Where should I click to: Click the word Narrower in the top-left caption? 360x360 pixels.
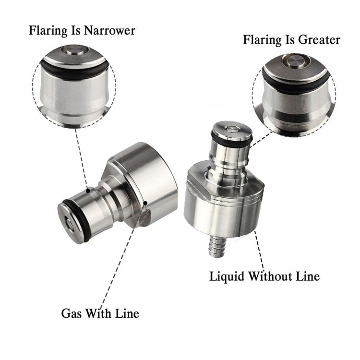109,31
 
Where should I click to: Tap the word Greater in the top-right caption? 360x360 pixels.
316,40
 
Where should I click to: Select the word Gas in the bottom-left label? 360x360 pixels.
71,313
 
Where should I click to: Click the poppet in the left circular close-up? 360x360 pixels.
75,50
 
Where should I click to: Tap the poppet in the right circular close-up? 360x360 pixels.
296,61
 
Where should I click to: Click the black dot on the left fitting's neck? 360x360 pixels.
88,191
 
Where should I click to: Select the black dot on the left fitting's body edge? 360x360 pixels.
145,203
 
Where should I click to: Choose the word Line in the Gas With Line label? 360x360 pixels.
127,313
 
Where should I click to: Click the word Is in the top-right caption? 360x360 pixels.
286,40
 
